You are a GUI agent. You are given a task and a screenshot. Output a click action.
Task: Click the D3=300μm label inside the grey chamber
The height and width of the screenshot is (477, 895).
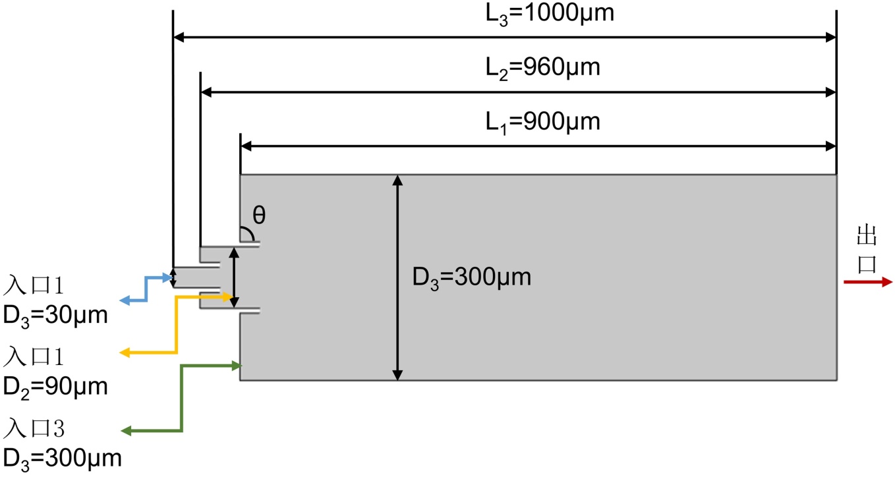(x=472, y=277)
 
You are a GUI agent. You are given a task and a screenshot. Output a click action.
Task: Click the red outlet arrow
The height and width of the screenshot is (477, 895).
(x=867, y=282)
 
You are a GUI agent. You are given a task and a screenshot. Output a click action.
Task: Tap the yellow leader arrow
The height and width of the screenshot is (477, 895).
(x=177, y=325)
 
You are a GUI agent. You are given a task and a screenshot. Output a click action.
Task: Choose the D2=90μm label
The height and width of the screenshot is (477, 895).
(x=55, y=387)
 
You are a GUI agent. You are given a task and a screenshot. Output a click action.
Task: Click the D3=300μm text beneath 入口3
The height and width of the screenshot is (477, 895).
(x=62, y=457)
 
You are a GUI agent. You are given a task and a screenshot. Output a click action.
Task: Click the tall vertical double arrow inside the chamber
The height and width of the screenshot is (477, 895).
(x=397, y=277)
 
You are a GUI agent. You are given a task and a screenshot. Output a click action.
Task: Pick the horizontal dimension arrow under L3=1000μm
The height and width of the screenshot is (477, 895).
(x=504, y=38)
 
